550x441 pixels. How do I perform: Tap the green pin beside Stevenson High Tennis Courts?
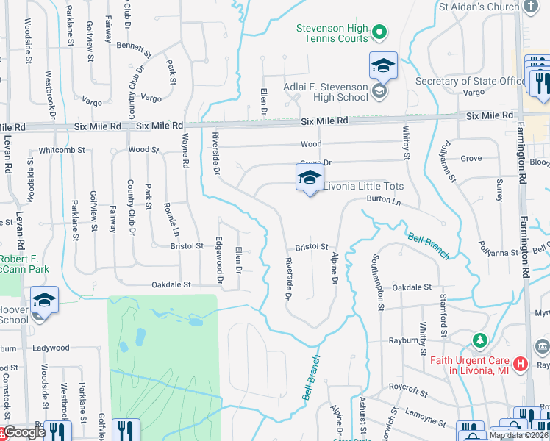[379, 32]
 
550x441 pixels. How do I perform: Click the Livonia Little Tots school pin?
[310, 178]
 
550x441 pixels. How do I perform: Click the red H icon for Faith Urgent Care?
[521, 363]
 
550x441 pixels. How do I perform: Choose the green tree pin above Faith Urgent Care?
[480, 340]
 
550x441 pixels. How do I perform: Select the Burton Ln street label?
[385, 200]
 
